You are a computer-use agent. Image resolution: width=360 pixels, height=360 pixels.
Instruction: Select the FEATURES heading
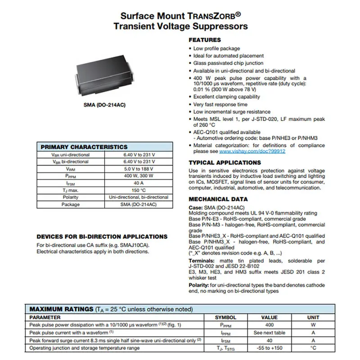[205, 40]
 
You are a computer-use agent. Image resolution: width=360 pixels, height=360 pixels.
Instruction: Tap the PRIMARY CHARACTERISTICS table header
[84, 147]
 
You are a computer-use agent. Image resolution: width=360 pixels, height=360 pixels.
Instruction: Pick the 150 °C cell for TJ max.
[139, 190]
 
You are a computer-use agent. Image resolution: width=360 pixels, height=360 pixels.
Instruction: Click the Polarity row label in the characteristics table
[71, 197]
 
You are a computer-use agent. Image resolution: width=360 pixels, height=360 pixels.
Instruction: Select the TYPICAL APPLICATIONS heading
[225, 162]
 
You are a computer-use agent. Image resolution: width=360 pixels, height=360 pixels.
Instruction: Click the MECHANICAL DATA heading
[218, 199]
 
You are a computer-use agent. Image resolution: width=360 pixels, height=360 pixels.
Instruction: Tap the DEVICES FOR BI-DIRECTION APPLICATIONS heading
[102, 237]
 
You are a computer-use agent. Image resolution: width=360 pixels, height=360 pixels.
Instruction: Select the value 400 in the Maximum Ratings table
[270, 325]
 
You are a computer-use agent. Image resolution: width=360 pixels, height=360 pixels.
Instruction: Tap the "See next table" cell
[270, 333]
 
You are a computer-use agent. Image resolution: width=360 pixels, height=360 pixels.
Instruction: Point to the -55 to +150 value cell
[270, 348]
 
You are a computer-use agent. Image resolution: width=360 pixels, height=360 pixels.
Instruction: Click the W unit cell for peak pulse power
[313, 325]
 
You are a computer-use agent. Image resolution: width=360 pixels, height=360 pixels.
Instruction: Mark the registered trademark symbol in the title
[244, 14]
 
